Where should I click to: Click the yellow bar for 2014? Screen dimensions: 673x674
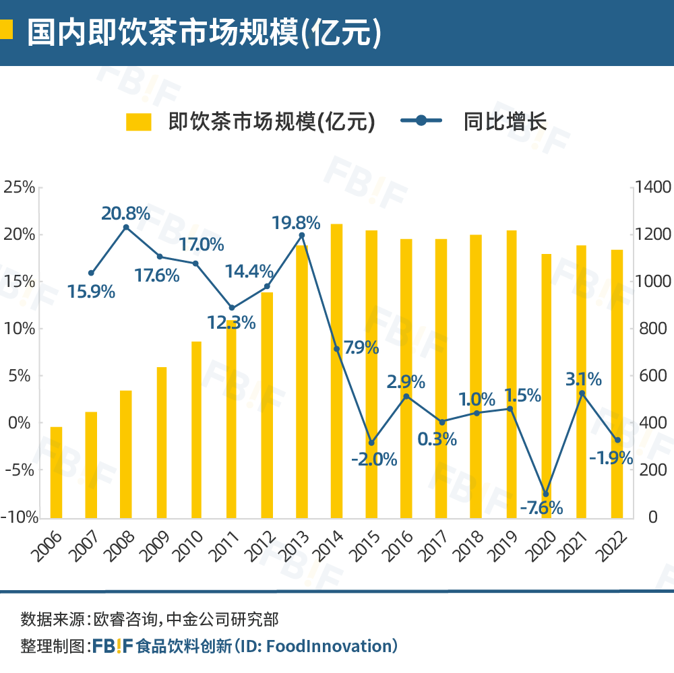tap(336, 371)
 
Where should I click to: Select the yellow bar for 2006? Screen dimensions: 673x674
tap(56, 472)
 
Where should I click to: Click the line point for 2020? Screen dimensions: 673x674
tap(547, 494)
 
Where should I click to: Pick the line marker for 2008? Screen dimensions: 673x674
tap(126, 228)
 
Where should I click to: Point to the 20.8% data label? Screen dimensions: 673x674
tap(125, 214)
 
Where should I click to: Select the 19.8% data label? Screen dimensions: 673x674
tap(296, 222)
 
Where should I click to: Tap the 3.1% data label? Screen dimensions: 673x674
tap(583, 379)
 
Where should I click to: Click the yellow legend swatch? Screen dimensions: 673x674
tap(139, 121)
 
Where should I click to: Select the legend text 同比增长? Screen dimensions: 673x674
tap(505, 121)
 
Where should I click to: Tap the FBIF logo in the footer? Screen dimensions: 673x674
tap(113, 646)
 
